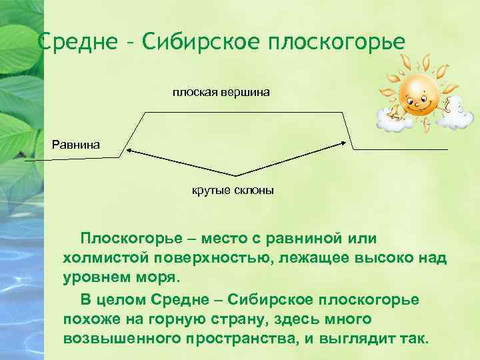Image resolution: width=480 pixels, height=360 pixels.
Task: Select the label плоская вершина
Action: [x=221, y=91]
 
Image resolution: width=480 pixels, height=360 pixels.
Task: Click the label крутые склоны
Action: [x=233, y=191]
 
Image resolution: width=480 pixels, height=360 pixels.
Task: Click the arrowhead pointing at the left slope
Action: [x=131, y=151]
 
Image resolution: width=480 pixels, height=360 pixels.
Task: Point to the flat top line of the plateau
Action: [x=244, y=112]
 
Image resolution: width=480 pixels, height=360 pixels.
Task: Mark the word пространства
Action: [x=237, y=337]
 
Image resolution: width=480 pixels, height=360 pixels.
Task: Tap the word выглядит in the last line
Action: [x=359, y=337]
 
